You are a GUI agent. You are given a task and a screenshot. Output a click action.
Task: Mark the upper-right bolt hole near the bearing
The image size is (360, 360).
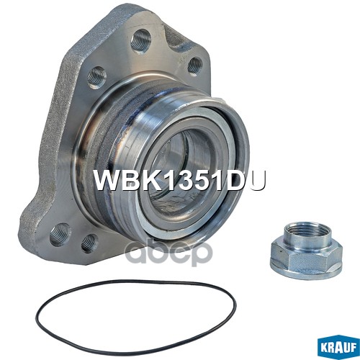[x=194, y=65]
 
